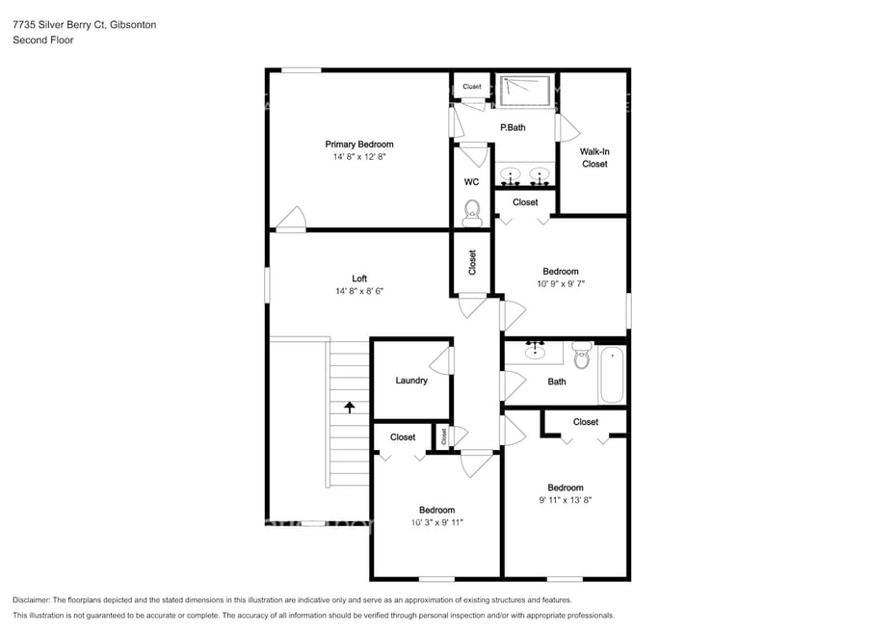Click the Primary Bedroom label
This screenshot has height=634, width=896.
[x=358, y=145]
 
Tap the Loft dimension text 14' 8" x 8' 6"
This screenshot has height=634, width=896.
[x=358, y=291]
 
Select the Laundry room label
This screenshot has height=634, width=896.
[x=411, y=381]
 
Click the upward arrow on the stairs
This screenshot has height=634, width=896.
[x=349, y=407]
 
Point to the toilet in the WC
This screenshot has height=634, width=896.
[x=472, y=213]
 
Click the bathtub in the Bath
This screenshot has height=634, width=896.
[x=612, y=375]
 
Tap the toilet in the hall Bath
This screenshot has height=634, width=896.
[x=581, y=356]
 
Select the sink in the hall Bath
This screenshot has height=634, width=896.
[x=535, y=351]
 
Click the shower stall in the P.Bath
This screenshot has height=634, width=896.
[x=525, y=91]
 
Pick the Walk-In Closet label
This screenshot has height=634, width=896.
[x=594, y=158]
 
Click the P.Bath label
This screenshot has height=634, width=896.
[x=513, y=127]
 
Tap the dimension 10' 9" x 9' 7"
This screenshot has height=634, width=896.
[x=561, y=283]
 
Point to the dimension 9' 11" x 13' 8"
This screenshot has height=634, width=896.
[x=566, y=500]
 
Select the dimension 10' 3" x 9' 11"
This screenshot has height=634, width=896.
[x=436, y=522]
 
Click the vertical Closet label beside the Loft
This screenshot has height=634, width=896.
[x=472, y=262]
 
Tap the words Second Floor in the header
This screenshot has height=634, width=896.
[x=42, y=40]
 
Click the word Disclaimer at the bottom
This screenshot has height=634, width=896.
[x=31, y=599]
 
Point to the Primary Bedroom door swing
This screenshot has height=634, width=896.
[x=291, y=219]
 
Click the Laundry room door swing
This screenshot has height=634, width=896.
[x=441, y=360]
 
